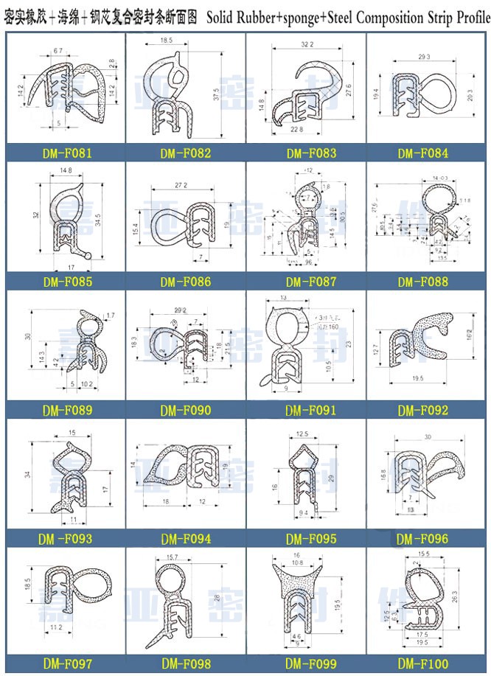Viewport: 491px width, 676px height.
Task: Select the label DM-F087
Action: [x=310, y=282]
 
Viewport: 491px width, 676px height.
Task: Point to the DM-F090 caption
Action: [x=185, y=410]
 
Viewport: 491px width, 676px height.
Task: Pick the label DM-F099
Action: [x=310, y=664]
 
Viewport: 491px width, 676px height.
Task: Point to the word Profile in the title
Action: [x=468, y=14]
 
